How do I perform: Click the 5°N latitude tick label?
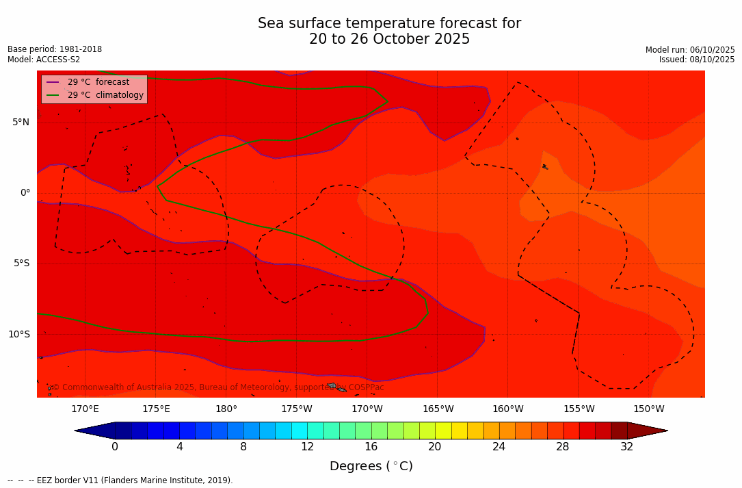pos(21,123)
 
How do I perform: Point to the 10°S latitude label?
pos(18,335)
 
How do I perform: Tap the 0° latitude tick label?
pos(25,193)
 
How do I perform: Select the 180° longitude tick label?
pos(226,409)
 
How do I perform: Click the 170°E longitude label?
pos(85,409)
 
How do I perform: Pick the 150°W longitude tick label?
pos(648,409)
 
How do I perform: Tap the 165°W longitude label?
pos(438,409)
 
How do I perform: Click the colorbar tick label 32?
pos(626,447)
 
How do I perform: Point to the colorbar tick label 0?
pos(115,447)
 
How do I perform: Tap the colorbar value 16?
pos(371,447)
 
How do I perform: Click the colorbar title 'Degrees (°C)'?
pos(371,467)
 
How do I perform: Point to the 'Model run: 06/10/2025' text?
pos(689,50)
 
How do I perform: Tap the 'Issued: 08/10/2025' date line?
pos(696,60)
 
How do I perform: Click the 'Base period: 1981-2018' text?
pos(55,49)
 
